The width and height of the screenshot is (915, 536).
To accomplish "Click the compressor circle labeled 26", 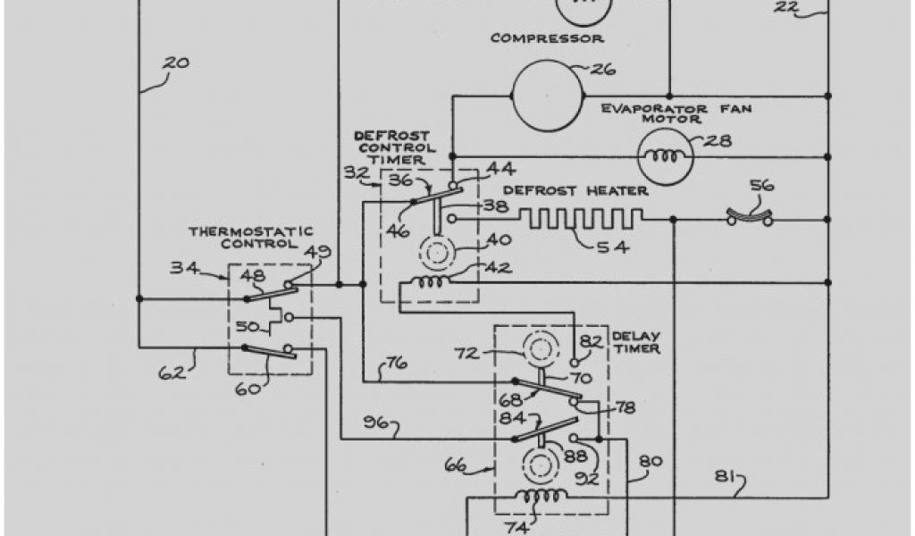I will tap(546, 92).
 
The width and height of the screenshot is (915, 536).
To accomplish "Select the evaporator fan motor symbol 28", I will tap(662, 156).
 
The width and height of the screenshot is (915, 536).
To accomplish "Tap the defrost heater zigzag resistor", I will tap(581, 218).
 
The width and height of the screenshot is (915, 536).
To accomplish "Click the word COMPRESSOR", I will tap(547, 38).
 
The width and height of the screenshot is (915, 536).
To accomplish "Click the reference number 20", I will tap(176, 63).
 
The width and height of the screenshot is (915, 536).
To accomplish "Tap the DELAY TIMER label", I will tap(636, 342).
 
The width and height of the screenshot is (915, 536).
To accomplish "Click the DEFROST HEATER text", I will tap(575, 190).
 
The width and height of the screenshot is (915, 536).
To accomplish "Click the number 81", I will tap(726, 478).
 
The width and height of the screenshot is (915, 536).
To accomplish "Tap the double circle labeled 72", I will tap(541, 348).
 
